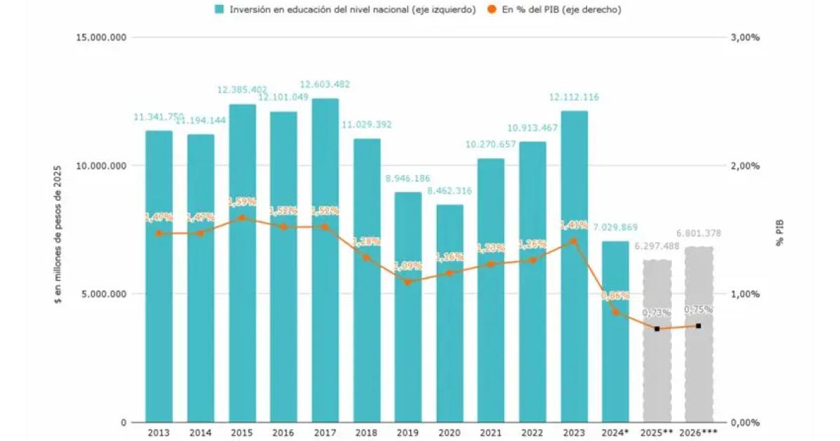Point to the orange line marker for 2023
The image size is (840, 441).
coord(574,241)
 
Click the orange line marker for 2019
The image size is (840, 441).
coord(408,282)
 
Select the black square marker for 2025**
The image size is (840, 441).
coord(657,328)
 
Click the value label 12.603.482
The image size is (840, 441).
coord(325,84)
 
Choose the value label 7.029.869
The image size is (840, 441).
coord(615,227)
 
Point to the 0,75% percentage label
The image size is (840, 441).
coord(698,309)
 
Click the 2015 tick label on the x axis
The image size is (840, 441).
coord(241,433)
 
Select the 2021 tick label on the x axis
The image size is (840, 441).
coord(491,433)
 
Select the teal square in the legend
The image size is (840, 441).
coord(220,9)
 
